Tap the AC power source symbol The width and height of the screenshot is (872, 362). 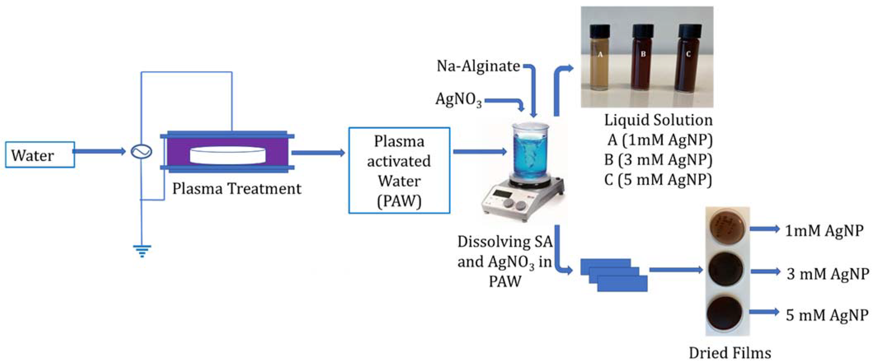click(141, 152)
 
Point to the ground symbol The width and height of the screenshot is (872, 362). click(142, 251)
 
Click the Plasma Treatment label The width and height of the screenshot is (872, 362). click(237, 189)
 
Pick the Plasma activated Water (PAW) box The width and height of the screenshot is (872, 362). click(399, 170)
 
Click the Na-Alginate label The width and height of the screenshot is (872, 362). click(478, 66)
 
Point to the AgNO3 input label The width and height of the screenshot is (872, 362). click(459, 100)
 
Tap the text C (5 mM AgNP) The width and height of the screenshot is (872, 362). click(658, 180)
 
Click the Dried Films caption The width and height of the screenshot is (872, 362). click(730, 353)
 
